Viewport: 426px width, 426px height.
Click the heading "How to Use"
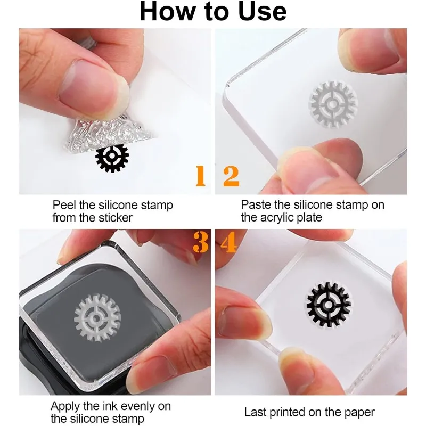213,12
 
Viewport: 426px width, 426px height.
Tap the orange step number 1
200,176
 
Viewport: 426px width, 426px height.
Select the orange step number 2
231,176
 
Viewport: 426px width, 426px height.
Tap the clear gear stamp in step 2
333,104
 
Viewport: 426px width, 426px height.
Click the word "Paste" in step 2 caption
254,205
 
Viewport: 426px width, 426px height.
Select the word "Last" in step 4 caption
254,412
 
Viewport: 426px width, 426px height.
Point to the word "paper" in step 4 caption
361,412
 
